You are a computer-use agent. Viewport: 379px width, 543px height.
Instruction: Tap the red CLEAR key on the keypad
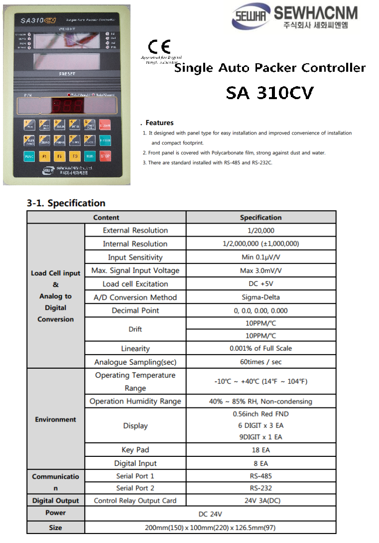point(105,125)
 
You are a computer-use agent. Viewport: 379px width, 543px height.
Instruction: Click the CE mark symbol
point(159,48)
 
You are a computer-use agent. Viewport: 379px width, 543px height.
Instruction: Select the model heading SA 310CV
point(269,93)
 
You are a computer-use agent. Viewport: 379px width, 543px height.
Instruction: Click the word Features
point(159,123)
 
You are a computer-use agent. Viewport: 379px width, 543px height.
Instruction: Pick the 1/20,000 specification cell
point(260,231)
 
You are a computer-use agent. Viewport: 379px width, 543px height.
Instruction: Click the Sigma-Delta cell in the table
point(260,297)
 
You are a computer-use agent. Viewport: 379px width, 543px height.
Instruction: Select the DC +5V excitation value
point(260,284)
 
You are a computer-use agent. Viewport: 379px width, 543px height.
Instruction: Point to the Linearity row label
point(135,349)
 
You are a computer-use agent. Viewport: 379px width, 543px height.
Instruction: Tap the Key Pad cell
point(135,450)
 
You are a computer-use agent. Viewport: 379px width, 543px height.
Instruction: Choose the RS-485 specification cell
point(260,476)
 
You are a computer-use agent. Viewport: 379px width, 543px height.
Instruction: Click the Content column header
point(106,218)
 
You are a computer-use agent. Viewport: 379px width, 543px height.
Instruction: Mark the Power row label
point(55,513)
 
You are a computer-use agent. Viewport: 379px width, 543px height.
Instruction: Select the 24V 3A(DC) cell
point(260,501)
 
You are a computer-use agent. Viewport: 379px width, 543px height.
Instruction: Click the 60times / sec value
point(260,362)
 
